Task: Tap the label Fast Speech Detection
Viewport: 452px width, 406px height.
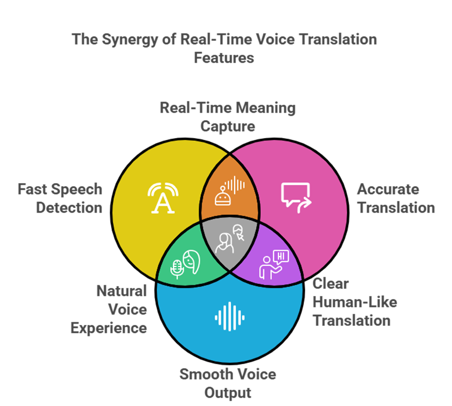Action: point(60,198)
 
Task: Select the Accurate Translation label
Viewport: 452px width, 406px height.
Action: point(396,198)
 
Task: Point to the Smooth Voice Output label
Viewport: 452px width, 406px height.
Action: point(228,383)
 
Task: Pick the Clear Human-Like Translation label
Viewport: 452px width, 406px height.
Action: point(355,302)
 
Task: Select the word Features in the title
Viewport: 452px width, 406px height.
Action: point(224,58)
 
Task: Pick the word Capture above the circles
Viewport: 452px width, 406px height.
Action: point(228,126)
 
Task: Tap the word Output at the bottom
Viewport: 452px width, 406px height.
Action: point(228,393)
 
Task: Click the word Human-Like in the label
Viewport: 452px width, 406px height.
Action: point(355,302)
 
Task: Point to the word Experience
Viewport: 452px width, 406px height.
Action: point(109,328)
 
